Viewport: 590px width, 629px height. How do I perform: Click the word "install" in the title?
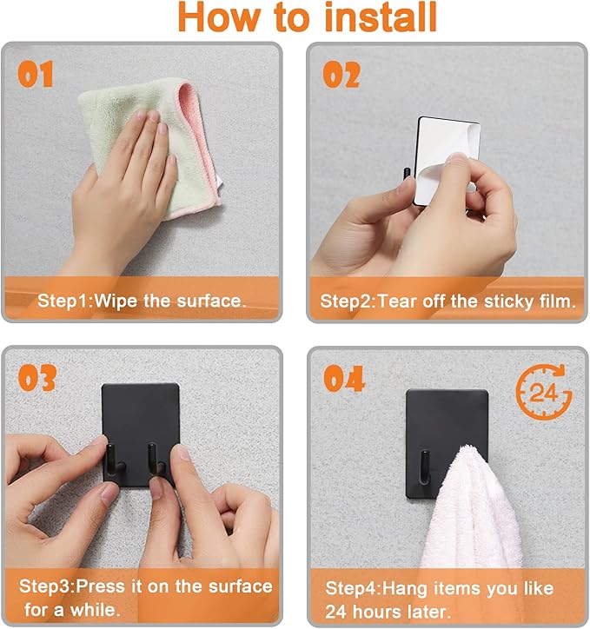point(381,17)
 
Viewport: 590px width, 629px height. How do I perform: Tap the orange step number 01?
point(36,74)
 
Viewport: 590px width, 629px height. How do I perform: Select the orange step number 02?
point(341,74)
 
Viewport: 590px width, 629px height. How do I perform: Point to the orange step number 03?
point(36,378)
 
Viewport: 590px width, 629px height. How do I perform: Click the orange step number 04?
point(344,378)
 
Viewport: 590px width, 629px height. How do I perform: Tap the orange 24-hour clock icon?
point(543,392)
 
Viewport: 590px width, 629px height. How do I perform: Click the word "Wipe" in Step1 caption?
point(116,301)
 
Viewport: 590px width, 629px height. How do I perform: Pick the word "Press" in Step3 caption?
point(100,586)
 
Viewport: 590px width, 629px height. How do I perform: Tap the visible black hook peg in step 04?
point(424,467)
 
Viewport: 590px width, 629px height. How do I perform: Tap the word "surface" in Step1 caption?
point(211,301)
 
